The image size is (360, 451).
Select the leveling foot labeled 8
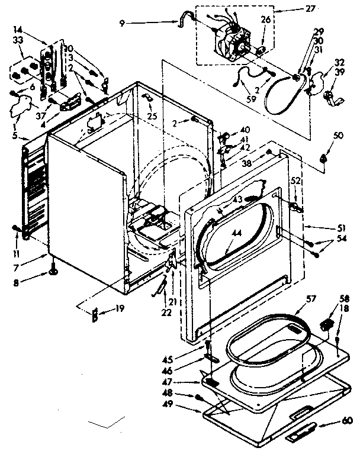point(52,273)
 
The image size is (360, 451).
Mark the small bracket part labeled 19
point(93,315)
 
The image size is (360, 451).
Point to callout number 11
point(17,238)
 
